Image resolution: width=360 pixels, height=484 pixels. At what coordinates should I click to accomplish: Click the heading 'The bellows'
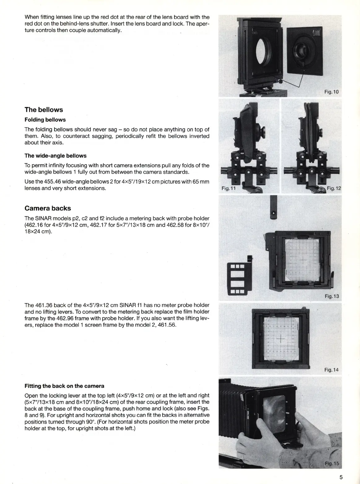click(44, 110)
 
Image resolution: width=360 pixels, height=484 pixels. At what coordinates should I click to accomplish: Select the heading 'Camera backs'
click(48, 208)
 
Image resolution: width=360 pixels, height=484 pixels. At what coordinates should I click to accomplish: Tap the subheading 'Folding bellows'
click(45, 120)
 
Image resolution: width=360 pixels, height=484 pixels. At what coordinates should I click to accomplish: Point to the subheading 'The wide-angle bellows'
click(55, 156)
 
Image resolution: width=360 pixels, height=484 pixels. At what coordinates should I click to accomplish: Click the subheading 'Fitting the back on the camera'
click(64, 386)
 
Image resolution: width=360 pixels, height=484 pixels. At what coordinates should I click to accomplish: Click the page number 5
click(341, 477)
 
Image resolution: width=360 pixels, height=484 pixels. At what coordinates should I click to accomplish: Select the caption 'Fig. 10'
click(332, 92)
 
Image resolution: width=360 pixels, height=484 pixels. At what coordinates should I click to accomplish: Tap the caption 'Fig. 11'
click(229, 188)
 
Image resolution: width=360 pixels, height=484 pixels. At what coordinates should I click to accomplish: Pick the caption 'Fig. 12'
click(334, 188)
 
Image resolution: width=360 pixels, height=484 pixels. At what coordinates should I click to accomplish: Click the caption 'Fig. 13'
click(332, 296)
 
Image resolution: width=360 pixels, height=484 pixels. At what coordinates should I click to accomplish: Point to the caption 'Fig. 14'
click(332, 370)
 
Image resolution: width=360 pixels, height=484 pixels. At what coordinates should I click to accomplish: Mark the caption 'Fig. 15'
click(332, 464)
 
